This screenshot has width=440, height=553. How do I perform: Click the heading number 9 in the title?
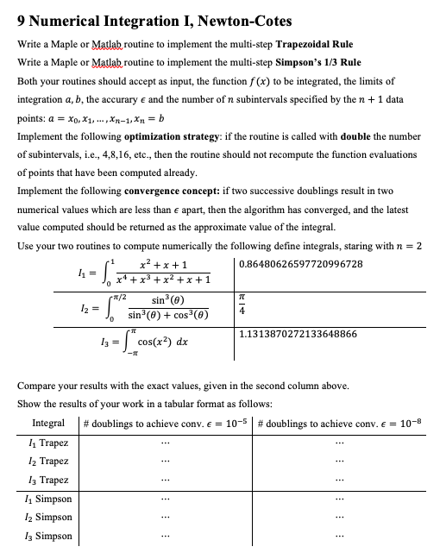click(22, 21)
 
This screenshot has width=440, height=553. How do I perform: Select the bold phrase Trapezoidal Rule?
click(304, 44)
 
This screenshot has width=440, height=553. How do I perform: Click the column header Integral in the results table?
click(48, 424)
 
